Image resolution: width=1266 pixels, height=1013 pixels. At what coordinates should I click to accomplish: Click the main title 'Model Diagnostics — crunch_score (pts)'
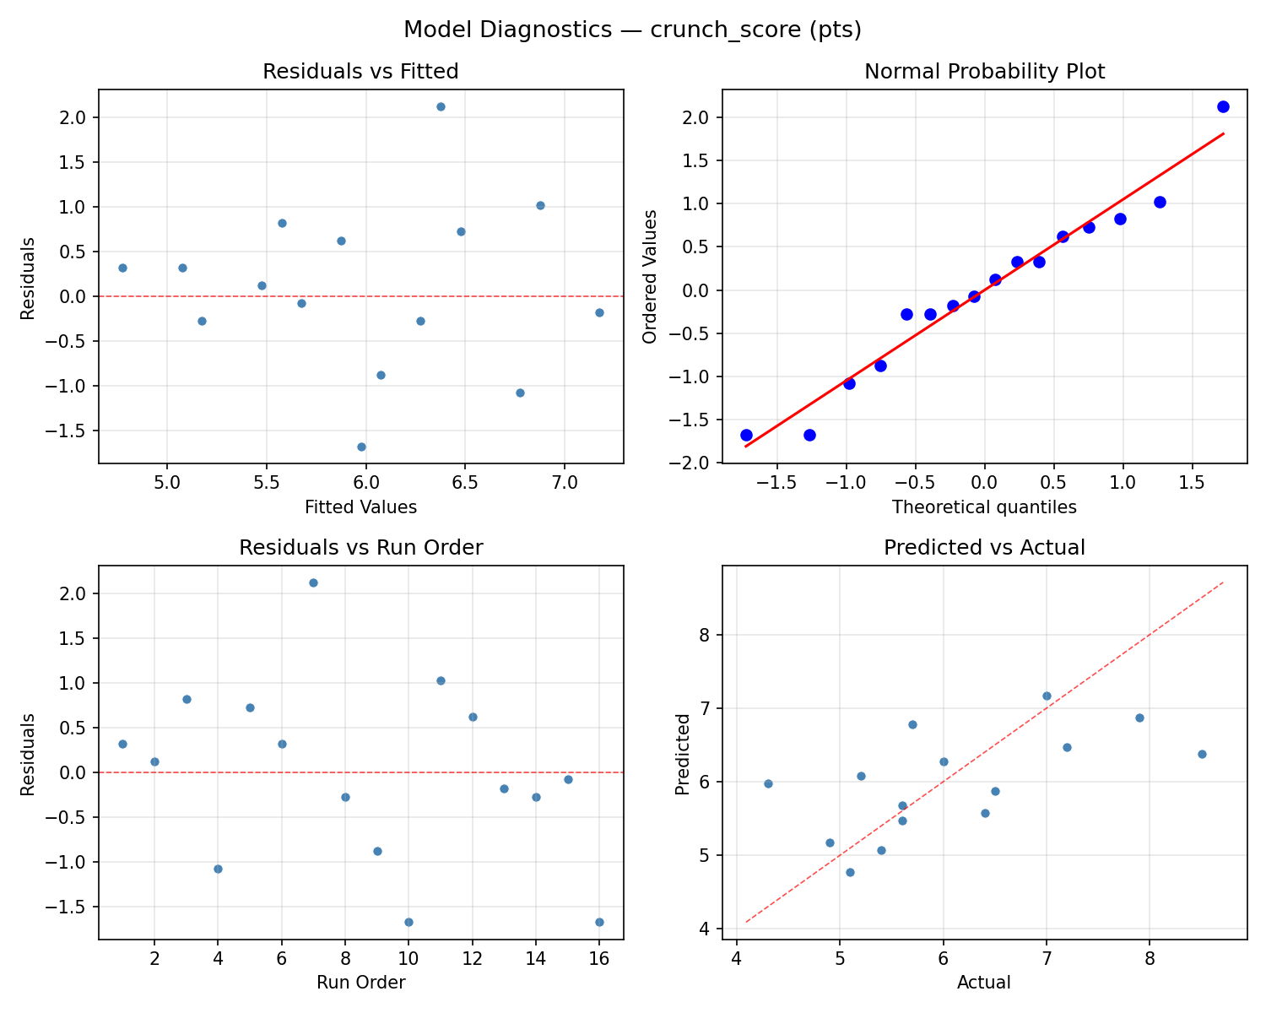(x=632, y=30)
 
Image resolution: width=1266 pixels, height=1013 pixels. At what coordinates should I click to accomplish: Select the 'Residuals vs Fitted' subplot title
(x=360, y=72)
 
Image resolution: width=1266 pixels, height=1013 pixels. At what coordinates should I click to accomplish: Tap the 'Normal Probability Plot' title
(x=984, y=72)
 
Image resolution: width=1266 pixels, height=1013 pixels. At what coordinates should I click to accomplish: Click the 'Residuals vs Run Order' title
(x=360, y=548)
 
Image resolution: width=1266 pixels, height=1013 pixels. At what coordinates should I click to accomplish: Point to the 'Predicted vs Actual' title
(x=984, y=548)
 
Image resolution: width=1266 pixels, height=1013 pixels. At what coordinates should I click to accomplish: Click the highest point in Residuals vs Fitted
(x=441, y=106)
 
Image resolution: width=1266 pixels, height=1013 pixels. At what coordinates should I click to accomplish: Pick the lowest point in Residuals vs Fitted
(x=361, y=447)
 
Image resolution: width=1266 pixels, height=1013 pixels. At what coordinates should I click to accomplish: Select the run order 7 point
(x=313, y=582)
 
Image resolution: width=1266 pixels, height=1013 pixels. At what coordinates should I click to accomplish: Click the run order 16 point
(x=599, y=922)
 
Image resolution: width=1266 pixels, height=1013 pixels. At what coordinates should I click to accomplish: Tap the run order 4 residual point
(x=218, y=869)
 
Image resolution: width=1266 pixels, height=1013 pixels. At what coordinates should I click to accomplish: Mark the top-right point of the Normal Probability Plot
(x=1223, y=106)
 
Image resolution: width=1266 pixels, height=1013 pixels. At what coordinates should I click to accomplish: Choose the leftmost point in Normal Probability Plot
(x=746, y=435)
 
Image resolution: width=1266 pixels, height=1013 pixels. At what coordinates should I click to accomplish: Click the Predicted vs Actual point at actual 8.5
(x=1202, y=754)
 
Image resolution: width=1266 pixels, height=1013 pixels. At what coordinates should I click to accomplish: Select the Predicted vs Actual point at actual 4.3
(x=768, y=783)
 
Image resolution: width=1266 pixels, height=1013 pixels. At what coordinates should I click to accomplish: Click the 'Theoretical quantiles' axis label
(x=984, y=507)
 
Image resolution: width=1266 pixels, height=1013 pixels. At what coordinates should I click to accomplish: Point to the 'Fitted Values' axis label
(x=360, y=507)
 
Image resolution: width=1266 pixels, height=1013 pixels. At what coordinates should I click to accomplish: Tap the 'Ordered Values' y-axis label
(x=649, y=276)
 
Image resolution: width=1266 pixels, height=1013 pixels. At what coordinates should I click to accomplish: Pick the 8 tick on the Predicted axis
(x=705, y=635)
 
